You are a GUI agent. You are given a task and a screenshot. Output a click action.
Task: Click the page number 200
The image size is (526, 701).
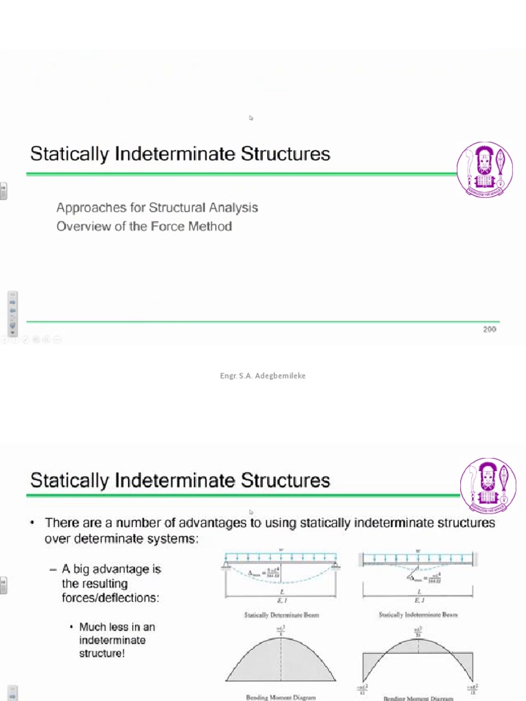pyautogui.click(x=489, y=329)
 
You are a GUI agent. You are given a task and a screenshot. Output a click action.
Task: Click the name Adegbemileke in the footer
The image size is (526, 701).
pyautogui.click(x=279, y=375)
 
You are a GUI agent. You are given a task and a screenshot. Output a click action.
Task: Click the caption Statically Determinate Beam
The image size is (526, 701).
pyautogui.click(x=281, y=615)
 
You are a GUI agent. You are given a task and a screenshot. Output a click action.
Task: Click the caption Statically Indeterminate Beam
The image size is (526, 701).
pyautogui.click(x=418, y=615)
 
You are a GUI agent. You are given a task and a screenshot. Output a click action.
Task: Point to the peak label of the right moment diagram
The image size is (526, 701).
pyautogui.click(x=417, y=630)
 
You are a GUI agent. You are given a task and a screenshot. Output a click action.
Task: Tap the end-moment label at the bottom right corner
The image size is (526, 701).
pyautogui.click(x=472, y=690)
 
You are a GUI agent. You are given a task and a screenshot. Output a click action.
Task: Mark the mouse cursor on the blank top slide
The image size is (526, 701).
pyautogui.click(x=251, y=118)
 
